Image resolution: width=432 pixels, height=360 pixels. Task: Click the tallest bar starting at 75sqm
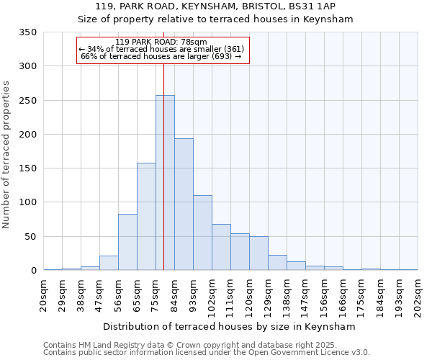point(165,183)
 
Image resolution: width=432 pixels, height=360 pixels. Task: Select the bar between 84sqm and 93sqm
point(184,204)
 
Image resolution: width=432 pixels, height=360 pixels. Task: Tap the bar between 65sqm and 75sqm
point(146,217)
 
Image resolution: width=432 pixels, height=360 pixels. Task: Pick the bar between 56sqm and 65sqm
point(127,242)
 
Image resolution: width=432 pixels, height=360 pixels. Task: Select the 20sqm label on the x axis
point(44,293)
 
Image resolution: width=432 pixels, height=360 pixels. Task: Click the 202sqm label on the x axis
point(418,295)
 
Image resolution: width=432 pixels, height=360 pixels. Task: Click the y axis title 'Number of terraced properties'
point(7,155)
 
